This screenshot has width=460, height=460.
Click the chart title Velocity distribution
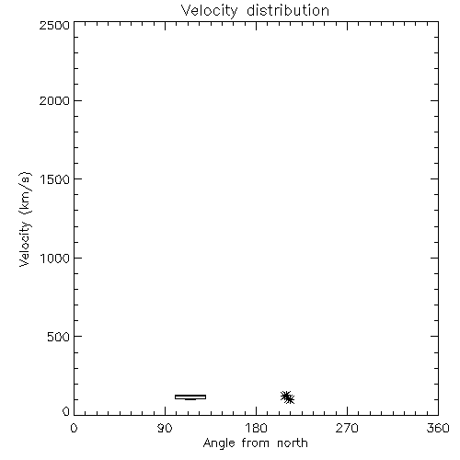(255, 10)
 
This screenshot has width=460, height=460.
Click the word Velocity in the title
(209, 11)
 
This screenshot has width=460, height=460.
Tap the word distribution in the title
(288, 10)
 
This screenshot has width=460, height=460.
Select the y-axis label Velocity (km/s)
(25, 219)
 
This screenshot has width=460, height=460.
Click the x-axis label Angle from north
(255, 443)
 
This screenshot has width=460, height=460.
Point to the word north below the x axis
(293, 443)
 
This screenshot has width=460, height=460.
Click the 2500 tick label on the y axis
(54, 25)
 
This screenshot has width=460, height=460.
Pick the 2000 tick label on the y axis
(54, 100)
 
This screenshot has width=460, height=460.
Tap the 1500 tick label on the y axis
(55, 179)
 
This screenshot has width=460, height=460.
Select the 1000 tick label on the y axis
(55, 258)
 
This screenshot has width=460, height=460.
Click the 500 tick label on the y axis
(59, 337)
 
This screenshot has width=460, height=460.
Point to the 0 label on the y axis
(66, 411)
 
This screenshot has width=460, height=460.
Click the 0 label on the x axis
(74, 428)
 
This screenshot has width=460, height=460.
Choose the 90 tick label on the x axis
(165, 428)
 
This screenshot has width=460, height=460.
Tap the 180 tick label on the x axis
(256, 428)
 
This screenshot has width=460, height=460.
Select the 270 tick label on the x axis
(347, 428)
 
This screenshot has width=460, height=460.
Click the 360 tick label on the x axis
(438, 428)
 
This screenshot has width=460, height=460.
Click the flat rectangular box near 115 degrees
(190, 396)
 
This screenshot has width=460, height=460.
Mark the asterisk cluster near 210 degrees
(287, 397)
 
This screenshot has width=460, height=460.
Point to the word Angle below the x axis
(219, 443)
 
